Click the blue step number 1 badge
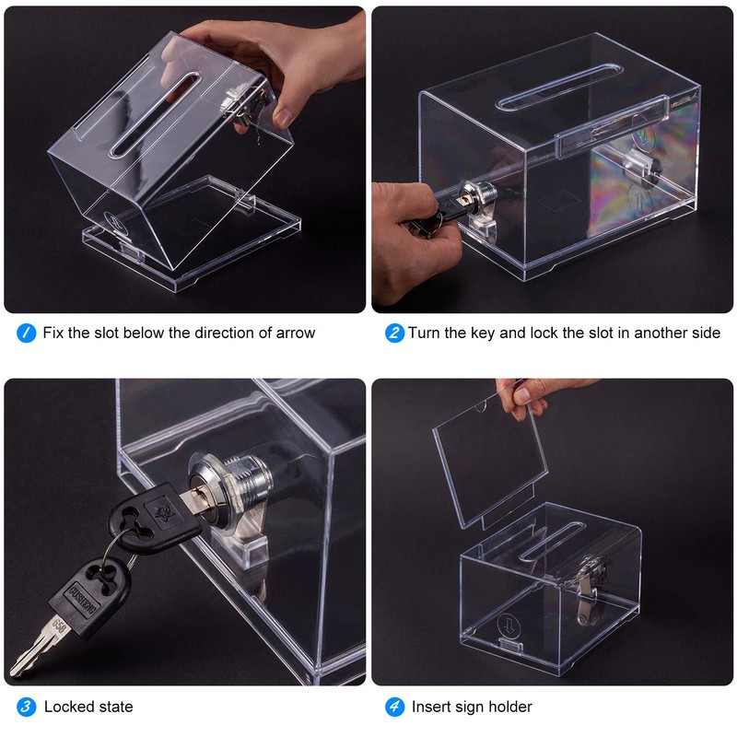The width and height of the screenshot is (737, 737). (27, 333)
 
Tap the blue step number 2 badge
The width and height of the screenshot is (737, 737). (394, 333)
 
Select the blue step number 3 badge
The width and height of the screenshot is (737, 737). (27, 707)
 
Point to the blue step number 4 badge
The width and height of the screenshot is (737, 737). (394, 707)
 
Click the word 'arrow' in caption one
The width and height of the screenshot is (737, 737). (291, 333)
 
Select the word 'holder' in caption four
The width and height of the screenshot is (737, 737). (509, 707)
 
